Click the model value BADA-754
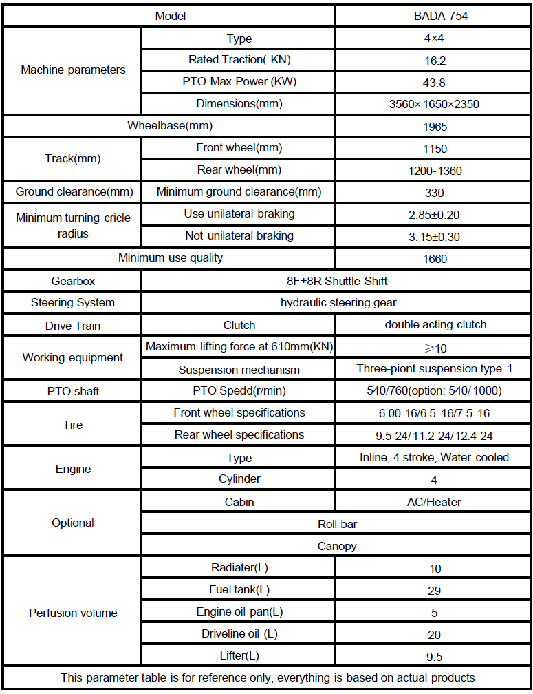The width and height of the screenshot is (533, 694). pos(434,16)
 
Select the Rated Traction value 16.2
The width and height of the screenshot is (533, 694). pos(434,61)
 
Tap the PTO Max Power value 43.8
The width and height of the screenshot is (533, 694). pos(434,83)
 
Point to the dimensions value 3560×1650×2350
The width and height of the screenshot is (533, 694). pos(434,105)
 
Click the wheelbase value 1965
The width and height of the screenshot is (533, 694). pos(434,127)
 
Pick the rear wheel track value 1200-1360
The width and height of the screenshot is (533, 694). pos(434,170)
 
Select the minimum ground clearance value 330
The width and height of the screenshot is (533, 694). pos(434,193)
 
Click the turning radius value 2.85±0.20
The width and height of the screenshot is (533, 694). pos(434,215)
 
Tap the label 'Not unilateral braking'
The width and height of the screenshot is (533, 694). pos(239,236)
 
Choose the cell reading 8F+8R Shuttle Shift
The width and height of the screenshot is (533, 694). pos(338,281)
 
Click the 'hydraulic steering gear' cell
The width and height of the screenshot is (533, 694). pos(338,303)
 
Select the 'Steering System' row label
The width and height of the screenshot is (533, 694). pos(73,303)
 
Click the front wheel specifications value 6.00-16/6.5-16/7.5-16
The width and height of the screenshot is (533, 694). pos(434,413)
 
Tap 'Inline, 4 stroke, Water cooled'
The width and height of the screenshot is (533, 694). pos(434,458)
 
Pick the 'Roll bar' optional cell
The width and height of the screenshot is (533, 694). pos(338,524)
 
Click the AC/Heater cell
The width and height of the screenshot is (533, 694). pos(434,502)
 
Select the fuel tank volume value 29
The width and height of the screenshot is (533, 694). pos(434,591)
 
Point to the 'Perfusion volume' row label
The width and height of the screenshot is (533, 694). pos(73,613)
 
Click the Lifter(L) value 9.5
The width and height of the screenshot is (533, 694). pos(434,656)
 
